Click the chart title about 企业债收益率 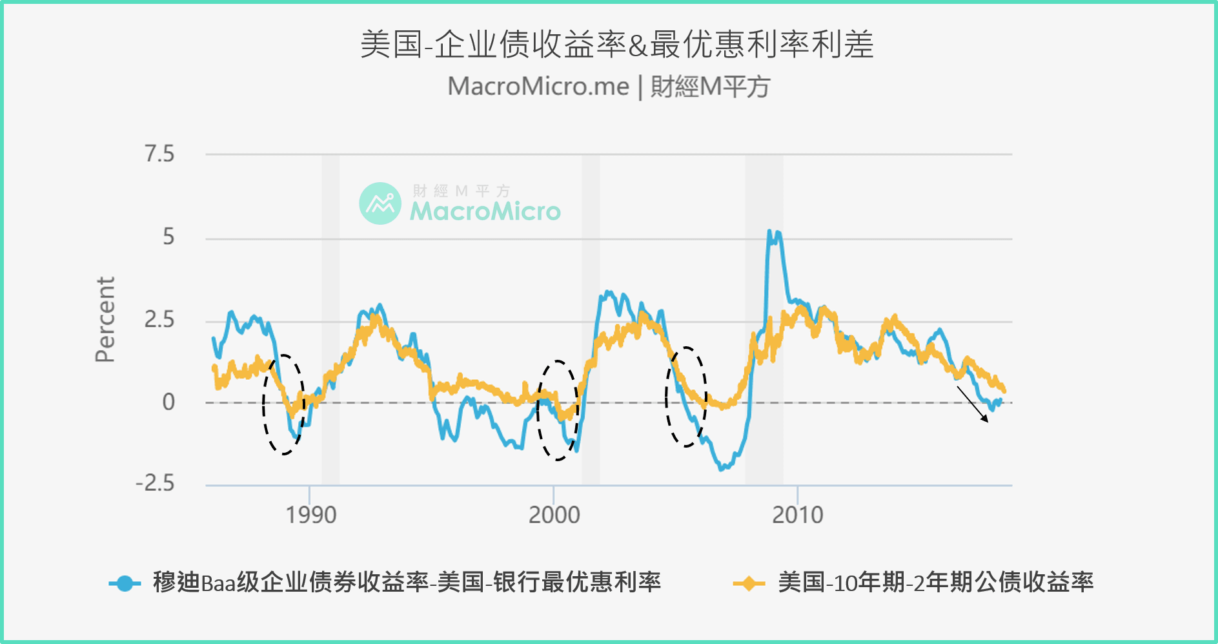[x=616, y=45]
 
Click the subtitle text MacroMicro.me [x=538, y=87]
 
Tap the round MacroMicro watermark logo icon [x=380, y=203]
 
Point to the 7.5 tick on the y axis [x=159, y=154]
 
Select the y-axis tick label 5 [x=168, y=237]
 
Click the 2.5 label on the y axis [x=159, y=320]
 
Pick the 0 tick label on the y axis [x=168, y=402]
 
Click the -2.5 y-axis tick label [x=155, y=483]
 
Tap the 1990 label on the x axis [x=310, y=515]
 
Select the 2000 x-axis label [x=554, y=515]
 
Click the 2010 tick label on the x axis [x=797, y=515]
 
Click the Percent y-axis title [x=105, y=320]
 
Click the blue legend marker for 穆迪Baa [x=125, y=583]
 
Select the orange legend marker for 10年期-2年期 [x=749, y=583]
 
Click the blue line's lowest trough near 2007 [x=722, y=468]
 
